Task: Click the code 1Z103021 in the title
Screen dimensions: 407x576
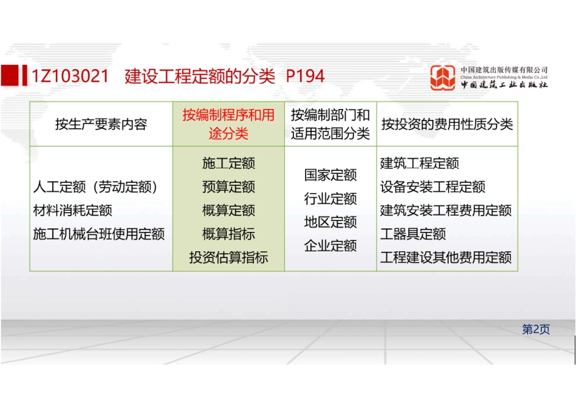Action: click(x=70, y=76)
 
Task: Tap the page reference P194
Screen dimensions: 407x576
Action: click(x=305, y=76)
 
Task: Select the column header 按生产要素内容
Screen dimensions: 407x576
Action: click(x=101, y=125)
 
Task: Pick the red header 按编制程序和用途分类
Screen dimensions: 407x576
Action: click(x=229, y=124)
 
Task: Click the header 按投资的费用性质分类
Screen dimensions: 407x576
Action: click(x=447, y=125)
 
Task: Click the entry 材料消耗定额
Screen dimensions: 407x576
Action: click(x=73, y=211)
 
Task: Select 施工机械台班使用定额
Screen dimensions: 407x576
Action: click(x=99, y=234)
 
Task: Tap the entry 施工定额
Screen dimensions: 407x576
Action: click(x=229, y=164)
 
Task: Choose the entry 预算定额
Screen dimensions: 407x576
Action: click(x=229, y=187)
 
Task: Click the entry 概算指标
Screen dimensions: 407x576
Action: click(x=229, y=234)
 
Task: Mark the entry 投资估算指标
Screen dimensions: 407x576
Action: click(x=229, y=258)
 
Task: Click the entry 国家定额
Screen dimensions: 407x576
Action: click(x=330, y=176)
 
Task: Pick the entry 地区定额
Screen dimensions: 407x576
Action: click(x=330, y=222)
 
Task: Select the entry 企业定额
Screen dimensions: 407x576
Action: click(x=330, y=246)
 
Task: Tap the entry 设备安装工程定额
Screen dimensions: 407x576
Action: click(x=432, y=187)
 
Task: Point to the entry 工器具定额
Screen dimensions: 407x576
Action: click(x=413, y=234)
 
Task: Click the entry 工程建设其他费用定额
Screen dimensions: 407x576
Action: click(x=446, y=258)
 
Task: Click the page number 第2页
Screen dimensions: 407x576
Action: click(x=536, y=329)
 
